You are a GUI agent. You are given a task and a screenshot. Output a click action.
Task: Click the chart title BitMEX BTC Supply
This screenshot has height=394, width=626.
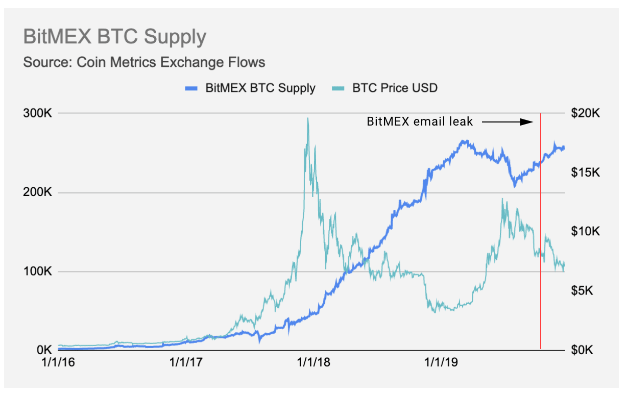[x=115, y=37]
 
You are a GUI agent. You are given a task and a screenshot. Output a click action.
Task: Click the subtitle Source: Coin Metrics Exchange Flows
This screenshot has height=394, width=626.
[x=144, y=63]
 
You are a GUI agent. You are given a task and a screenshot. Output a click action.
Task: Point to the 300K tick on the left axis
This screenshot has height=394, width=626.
[x=37, y=113]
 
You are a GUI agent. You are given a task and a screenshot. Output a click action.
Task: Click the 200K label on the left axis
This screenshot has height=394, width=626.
[x=37, y=192]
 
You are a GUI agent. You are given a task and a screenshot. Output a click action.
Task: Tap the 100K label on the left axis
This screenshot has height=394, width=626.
[x=37, y=272]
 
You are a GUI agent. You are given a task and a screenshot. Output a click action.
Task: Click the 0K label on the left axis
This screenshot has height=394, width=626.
[x=42, y=351]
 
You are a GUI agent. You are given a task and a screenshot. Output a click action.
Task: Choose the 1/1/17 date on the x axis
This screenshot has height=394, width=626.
[x=187, y=363]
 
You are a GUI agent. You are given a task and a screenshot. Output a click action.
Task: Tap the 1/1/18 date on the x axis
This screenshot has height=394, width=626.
[x=315, y=363]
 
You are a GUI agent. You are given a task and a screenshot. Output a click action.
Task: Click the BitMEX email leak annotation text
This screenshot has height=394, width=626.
[x=420, y=122]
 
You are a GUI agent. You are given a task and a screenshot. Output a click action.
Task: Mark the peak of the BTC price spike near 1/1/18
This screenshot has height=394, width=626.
[x=307, y=118]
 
